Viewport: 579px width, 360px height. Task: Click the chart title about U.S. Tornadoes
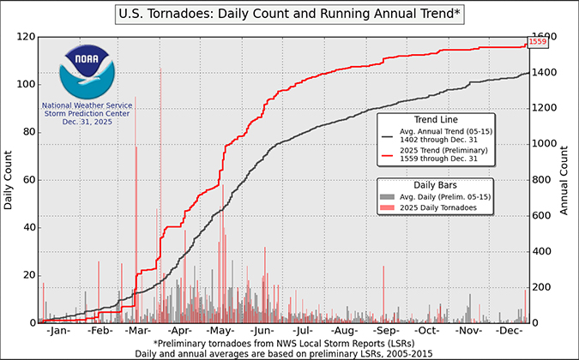pyautogui.click(x=289, y=15)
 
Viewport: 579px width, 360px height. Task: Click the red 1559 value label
pyautogui.click(x=539, y=42)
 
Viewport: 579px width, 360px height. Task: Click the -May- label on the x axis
pyautogui.click(x=221, y=330)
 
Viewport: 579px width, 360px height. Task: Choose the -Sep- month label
pyautogui.click(x=386, y=330)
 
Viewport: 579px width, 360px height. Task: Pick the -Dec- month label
pyautogui.click(x=510, y=330)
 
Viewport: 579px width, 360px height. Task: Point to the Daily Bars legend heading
pyautogui.click(x=434, y=184)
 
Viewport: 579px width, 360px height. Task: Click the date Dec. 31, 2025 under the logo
pyautogui.click(x=85, y=123)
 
